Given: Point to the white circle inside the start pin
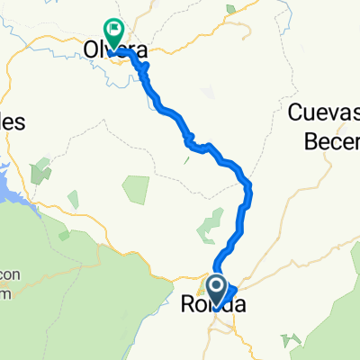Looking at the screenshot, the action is coord(217,286).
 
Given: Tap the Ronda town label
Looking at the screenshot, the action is coord(213,305).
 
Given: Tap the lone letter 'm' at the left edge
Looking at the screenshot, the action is coord(4,293).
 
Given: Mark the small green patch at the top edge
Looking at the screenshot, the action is coord(232,10).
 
